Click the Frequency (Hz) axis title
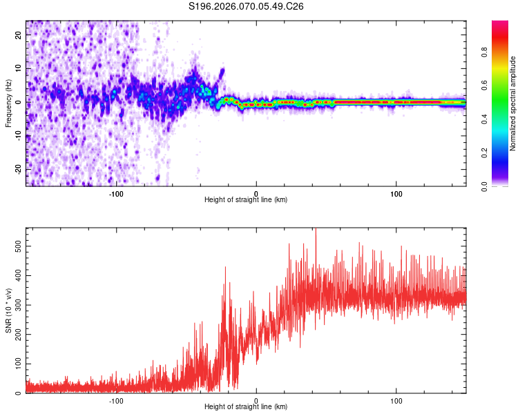pos(8,103)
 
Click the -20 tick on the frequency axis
pos(19,169)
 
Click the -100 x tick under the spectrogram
pos(116,193)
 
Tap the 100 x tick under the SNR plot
pos(396,400)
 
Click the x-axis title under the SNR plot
pos(246,408)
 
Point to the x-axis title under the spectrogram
pos(246,200)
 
